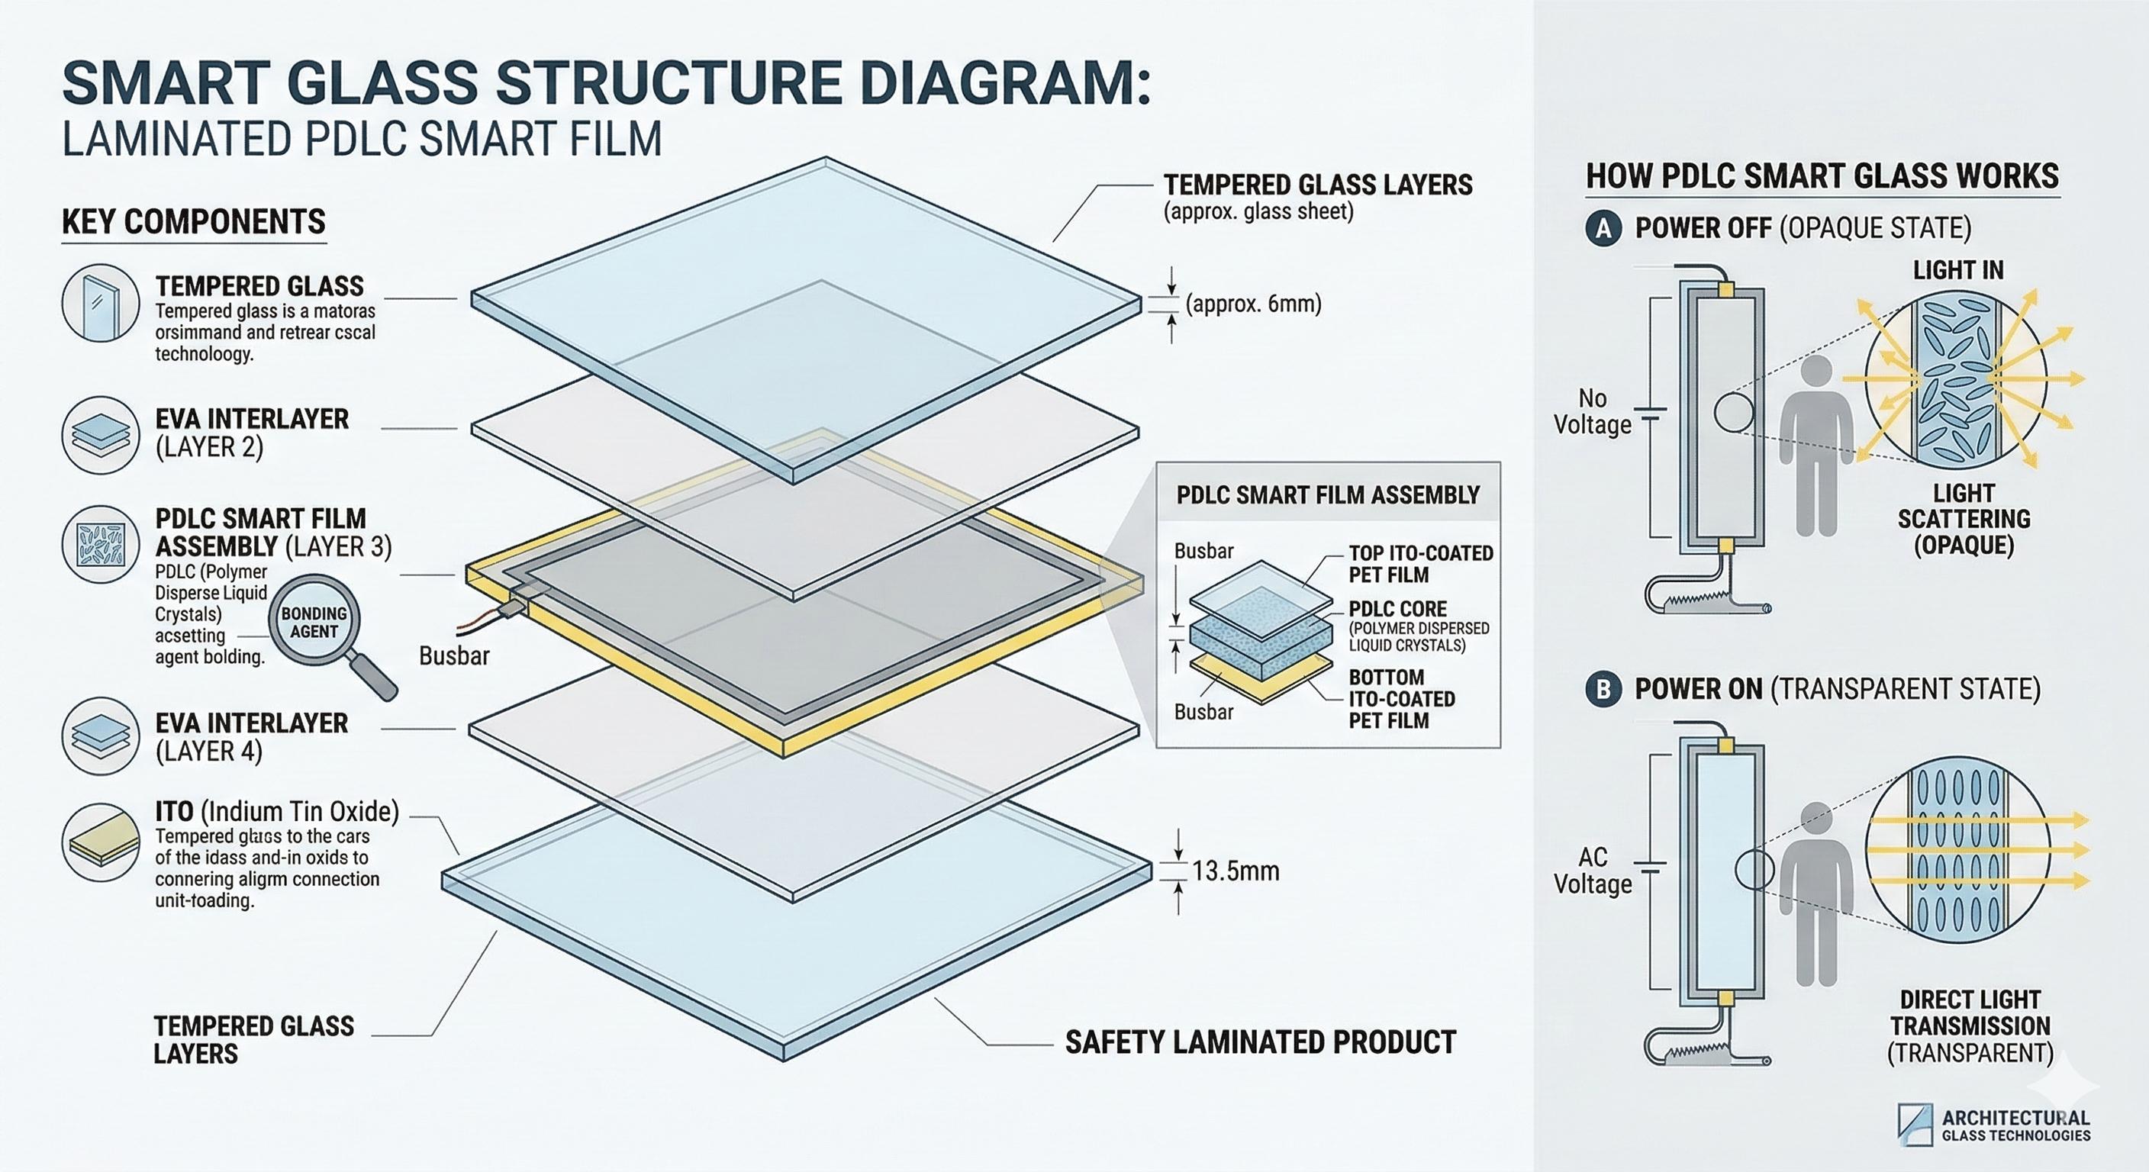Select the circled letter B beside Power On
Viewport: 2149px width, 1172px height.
coord(1603,690)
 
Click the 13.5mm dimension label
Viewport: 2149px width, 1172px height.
coord(1235,871)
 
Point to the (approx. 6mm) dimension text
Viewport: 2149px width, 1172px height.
coord(1253,304)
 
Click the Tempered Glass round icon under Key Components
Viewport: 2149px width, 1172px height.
coord(101,303)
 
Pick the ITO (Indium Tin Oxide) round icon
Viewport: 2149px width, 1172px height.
coord(101,842)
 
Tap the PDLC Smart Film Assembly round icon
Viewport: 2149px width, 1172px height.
coord(101,544)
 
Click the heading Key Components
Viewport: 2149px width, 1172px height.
coord(194,222)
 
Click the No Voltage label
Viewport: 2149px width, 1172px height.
coord(1592,411)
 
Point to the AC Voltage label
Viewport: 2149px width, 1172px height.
coord(1592,870)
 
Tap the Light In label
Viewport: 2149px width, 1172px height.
coord(1958,270)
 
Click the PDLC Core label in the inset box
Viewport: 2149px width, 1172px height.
coord(1397,609)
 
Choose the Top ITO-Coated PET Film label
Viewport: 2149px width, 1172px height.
coord(1420,564)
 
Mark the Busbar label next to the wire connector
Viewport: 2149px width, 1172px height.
coord(454,656)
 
